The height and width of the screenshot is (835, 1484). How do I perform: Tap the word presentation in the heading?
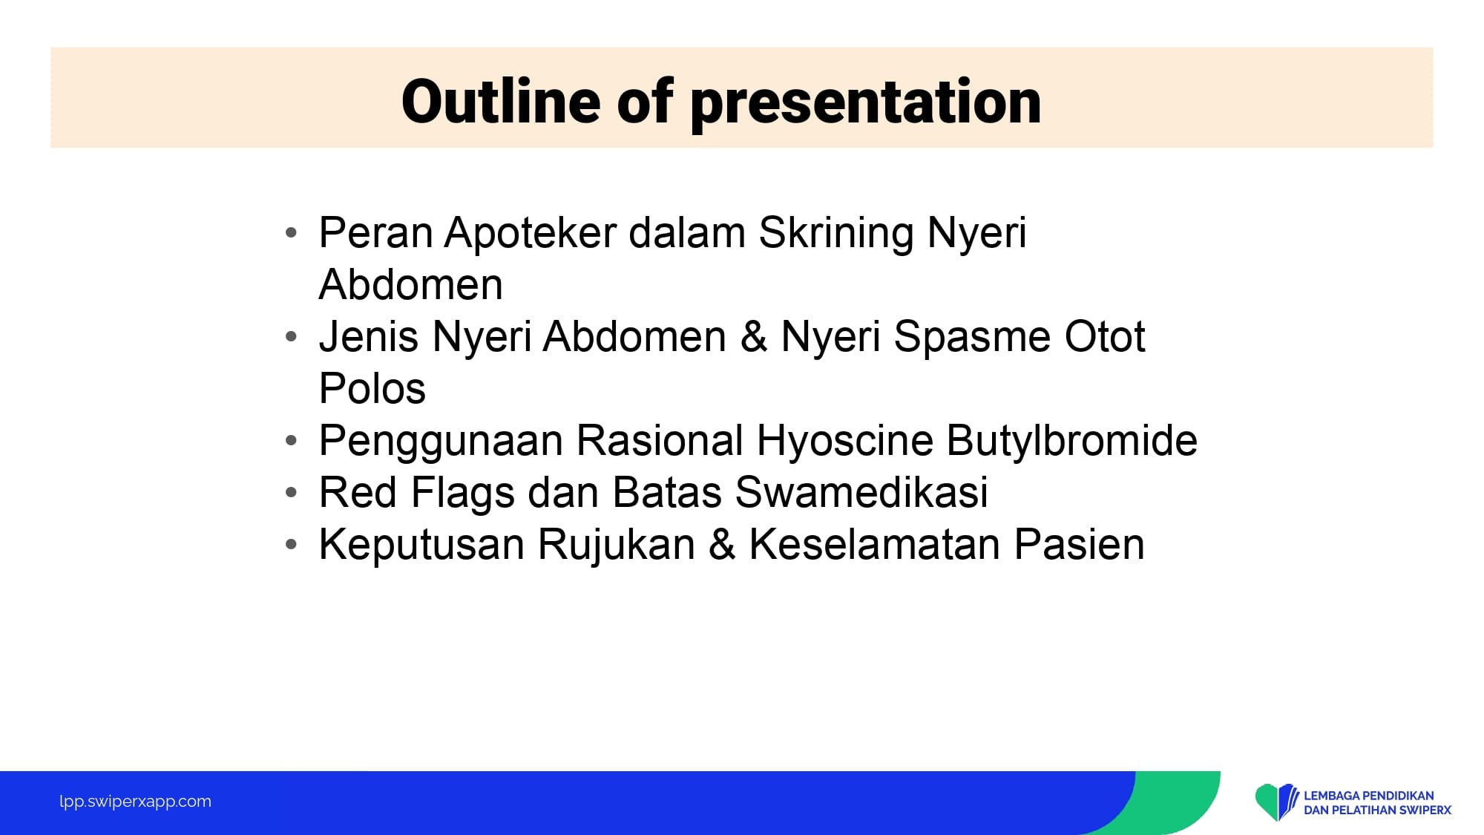(866, 105)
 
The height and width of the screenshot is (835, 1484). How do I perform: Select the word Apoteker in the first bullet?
(531, 233)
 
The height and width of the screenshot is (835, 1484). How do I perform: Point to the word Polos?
(372, 388)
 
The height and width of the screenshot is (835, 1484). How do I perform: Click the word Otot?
(1105, 336)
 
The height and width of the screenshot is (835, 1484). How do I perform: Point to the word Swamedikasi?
(861, 492)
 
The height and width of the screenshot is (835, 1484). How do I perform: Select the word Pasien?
(1080, 544)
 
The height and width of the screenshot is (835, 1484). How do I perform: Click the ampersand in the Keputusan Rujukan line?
(722, 544)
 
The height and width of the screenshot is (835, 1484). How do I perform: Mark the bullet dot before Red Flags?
(291, 492)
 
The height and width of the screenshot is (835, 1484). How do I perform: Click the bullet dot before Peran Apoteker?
(291, 233)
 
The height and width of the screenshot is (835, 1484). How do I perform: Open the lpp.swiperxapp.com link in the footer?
(135, 802)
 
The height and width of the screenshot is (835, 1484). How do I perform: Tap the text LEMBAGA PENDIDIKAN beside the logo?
(1369, 796)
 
